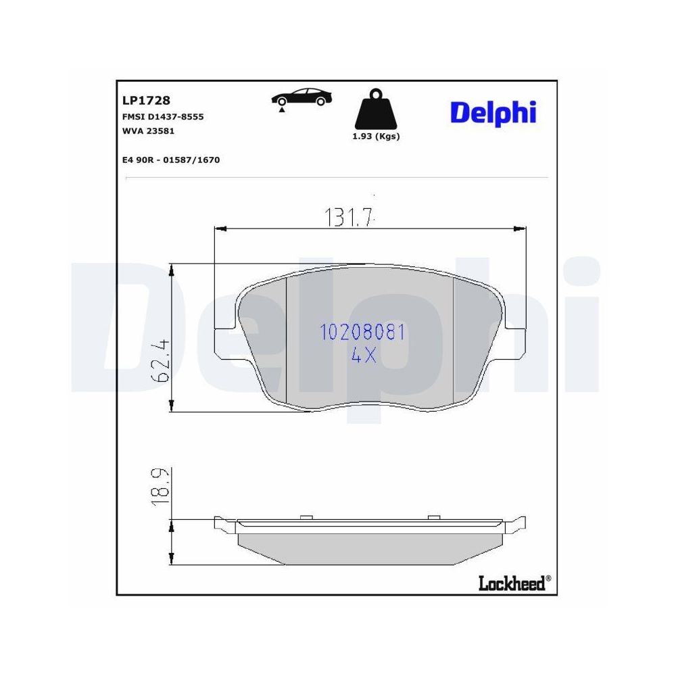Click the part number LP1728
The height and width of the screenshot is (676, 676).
146,101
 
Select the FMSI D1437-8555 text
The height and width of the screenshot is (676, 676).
163,117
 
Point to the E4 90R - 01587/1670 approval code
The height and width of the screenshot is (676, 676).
171,160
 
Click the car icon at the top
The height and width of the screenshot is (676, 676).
301,99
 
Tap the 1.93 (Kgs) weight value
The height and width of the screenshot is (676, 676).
377,136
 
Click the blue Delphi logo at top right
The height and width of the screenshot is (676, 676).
493,112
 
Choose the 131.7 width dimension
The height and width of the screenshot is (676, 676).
349,218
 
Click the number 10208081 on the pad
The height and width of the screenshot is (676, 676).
362,332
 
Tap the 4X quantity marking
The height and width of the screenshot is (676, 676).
364,356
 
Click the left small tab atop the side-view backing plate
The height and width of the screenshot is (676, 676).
304,518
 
